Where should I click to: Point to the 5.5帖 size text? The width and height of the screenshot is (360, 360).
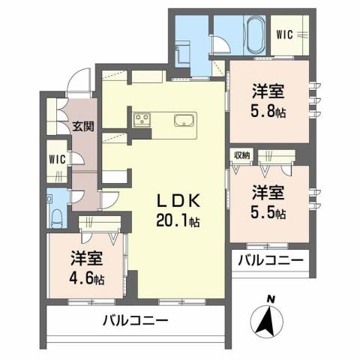[x=268, y=212]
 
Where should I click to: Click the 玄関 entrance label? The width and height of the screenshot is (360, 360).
[x=82, y=125]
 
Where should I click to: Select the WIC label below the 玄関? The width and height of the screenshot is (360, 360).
[x=57, y=159]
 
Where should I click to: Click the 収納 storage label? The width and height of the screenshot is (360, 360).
[x=241, y=155]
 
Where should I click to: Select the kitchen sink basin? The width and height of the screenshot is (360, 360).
[x=184, y=120]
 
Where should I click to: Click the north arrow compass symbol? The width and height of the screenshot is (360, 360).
[x=268, y=321]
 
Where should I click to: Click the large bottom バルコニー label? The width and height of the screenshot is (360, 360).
[x=136, y=320]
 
